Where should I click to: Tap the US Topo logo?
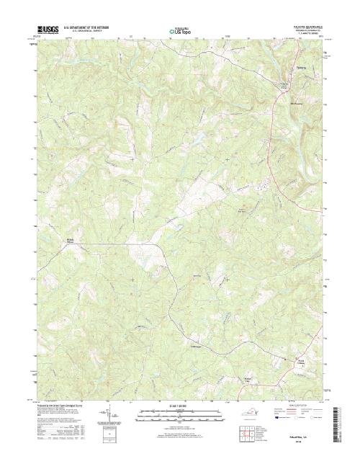tap(180, 32)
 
